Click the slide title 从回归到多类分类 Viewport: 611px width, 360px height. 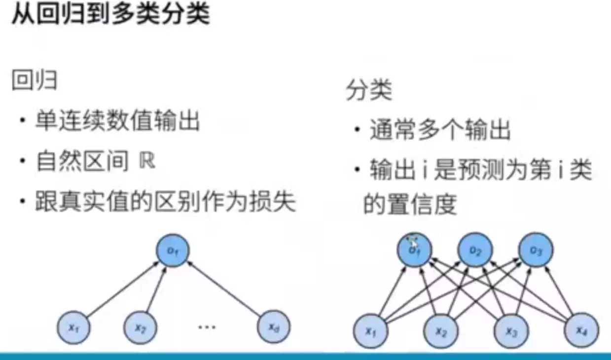tap(111, 15)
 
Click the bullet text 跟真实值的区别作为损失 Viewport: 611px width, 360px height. tap(165, 202)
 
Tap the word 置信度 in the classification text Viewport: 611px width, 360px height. tap(410, 204)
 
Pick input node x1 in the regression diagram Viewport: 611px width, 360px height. tap(73, 326)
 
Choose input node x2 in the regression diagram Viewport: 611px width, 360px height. tap(140, 326)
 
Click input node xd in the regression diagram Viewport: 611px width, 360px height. tap(273, 326)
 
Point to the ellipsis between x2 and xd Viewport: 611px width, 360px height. tap(207, 326)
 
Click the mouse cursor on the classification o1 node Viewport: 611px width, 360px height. tap(411, 240)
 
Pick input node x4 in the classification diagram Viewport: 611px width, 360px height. tap(581, 330)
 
